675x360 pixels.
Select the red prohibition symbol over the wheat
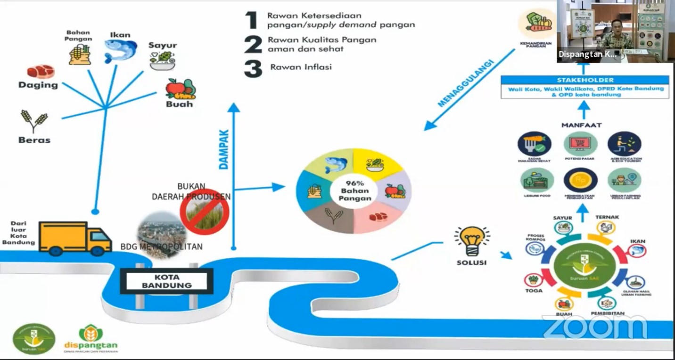[x=205, y=210]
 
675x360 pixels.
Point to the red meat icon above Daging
[x=41, y=72]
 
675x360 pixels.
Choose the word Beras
[x=34, y=140]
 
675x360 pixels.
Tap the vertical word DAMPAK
[x=224, y=150]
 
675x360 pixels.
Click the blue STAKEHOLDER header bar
[x=584, y=80]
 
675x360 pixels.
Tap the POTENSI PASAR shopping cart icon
[x=580, y=143]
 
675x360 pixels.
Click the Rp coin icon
[x=580, y=180]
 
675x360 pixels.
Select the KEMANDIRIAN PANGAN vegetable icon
[x=537, y=23]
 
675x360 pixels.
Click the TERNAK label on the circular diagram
[x=607, y=217]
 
